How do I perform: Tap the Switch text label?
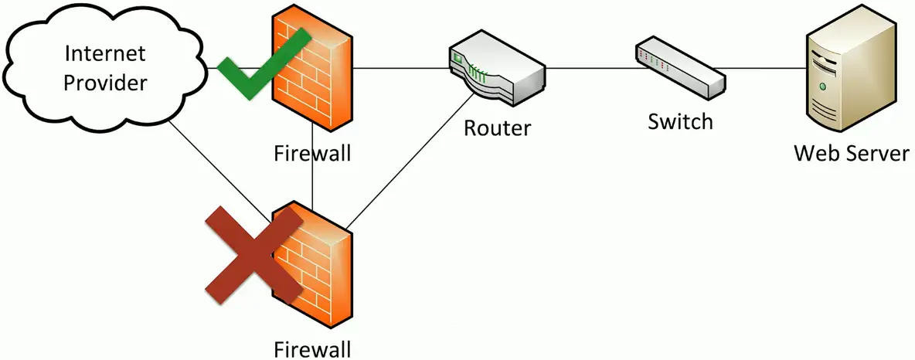click(x=680, y=121)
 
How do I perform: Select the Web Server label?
click(x=852, y=153)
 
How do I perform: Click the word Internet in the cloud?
click(x=104, y=54)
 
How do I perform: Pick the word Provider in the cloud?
click(x=104, y=82)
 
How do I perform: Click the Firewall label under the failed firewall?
click(x=312, y=347)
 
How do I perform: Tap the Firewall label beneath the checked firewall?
click(x=312, y=152)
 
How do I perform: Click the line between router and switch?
click(x=591, y=68)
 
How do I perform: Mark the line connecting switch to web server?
click(x=765, y=68)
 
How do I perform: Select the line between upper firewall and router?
click(x=402, y=68)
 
